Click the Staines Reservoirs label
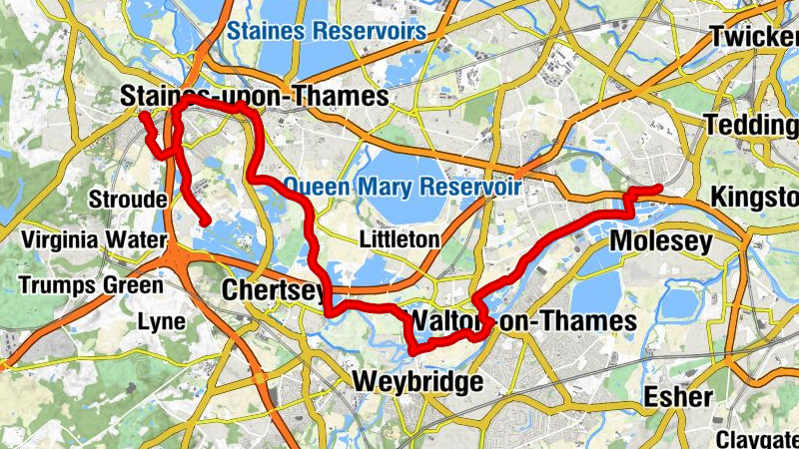[x=327, y=31]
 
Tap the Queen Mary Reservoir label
[x=401, y=186]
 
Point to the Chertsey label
[x=273, y=290]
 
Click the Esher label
[x=679, y=397]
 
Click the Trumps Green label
[x=90, y=285]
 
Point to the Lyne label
[x=161, y=321]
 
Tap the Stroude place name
[x=128, y=200]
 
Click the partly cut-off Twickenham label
[x=754, y=36]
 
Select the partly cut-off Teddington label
[x=751, y=126]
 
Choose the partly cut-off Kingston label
[x=754, y=198]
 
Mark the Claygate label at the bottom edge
[x=756, y=438]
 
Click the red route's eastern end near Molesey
[x=659, y=189]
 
